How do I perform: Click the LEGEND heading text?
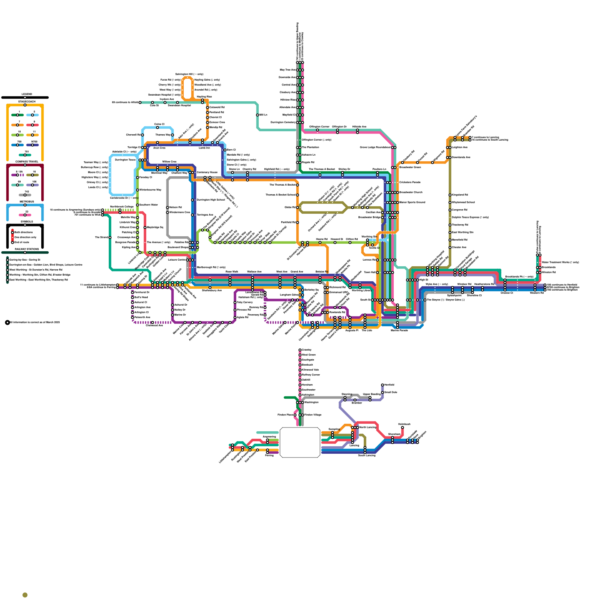(x=27, y=94)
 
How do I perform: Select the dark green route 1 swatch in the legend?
(x=18, y=115)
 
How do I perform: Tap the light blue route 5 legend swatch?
(x=33, y=115)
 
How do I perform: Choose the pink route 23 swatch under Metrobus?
(x=25, y=215)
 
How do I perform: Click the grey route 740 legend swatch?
(x=25, y=195)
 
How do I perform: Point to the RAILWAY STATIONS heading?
(x=27, y=249)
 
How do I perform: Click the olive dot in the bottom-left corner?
(x=25, y=595)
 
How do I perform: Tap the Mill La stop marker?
(x=258, y=115)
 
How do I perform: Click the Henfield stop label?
(x=389, y=385)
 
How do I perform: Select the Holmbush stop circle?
(x=402, y=427)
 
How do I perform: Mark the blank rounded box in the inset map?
(x=300, y=442)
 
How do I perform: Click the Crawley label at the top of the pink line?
(x=307, y=349)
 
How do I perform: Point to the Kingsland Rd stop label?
(x=460, y=195)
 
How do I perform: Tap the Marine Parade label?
(x=399, y=330)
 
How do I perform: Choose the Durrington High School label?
(x=211, y=200)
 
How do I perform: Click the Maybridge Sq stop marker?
(x=145, y=227)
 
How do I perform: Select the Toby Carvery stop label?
(x=245, y=302)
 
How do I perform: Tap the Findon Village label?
(x=313, y=415)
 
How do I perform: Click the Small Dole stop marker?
(x=382, y=392)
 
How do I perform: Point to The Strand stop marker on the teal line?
(x=110, y=237)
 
